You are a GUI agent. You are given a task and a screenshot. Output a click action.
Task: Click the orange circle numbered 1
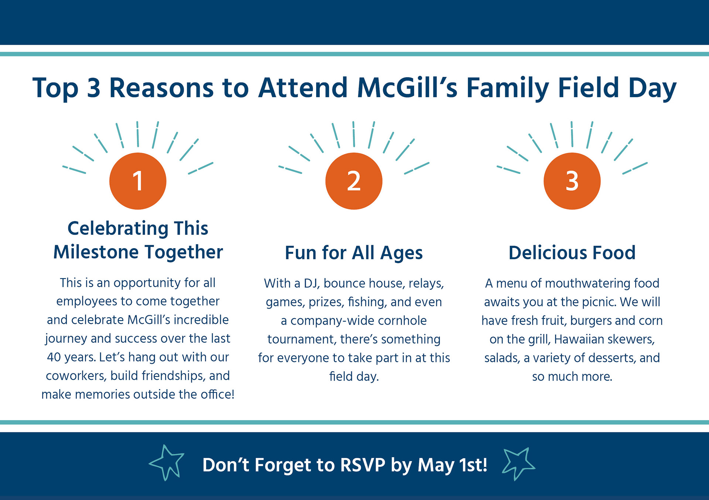point(138,181)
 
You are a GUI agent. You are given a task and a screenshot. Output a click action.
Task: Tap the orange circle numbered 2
point(354,181)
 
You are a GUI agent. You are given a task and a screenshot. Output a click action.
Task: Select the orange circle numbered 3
point(572,181)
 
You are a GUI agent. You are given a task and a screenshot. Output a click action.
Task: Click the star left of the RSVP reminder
point(167,463)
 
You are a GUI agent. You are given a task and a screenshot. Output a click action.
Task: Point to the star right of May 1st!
point(518,464)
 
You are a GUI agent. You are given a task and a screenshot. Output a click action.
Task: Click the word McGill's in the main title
point(407,88)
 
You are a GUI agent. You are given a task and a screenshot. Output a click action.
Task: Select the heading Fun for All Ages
point(354,253)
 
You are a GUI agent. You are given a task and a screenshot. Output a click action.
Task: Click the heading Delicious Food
point(572,253)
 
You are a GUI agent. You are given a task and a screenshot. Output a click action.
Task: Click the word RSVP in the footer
point(363,465)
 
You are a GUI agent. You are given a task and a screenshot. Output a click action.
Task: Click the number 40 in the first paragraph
point(54,357)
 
